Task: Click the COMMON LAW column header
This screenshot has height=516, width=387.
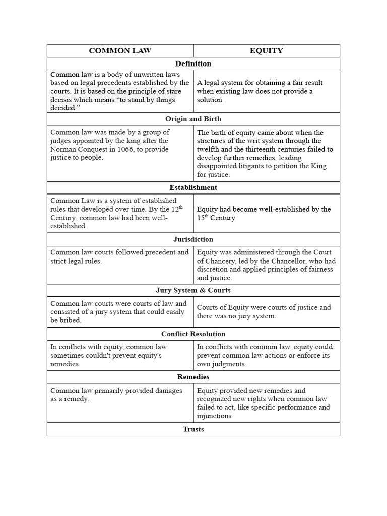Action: pos(120,51)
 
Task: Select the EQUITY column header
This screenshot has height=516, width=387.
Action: pos(267,51)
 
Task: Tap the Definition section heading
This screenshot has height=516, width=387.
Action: pos(193,64)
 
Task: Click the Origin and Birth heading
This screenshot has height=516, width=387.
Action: pos(193,119)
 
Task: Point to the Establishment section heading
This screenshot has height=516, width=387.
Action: pos(193,188)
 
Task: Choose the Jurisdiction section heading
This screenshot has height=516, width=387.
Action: pos(193,240)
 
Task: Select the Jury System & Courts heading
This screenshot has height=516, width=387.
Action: pos(193,291)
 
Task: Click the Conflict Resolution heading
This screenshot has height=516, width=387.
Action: pos(193,334)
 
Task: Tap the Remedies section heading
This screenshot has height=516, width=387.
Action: pos(193,377)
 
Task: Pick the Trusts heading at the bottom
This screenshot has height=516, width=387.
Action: pos(193,430)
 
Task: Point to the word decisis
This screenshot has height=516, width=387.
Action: pos(62,100)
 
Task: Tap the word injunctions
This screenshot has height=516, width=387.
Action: pos(215,416)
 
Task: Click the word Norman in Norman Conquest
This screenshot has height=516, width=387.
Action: pos(63,149)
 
